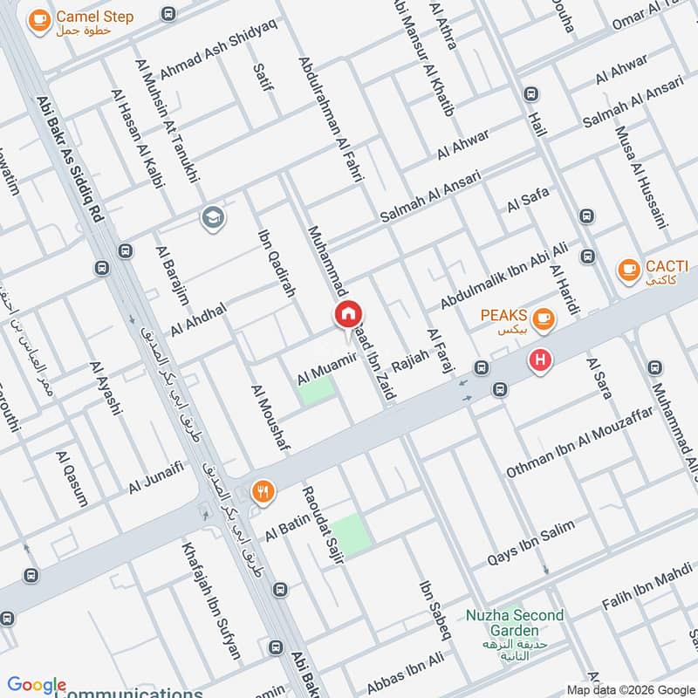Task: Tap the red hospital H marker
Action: tap(541, 359)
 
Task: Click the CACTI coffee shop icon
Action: tap(626, 270)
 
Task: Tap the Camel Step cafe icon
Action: tap(38, 20)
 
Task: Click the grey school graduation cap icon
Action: tap(212, 218)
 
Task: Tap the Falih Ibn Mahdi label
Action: tap(647, 592)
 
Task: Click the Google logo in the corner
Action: tap(37, 686)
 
